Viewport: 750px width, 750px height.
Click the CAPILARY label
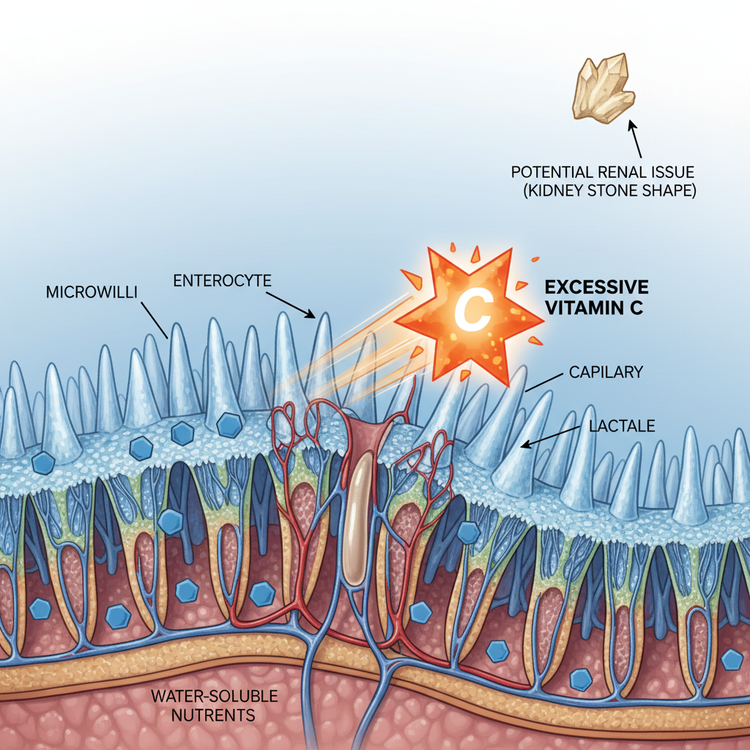coord(606,372)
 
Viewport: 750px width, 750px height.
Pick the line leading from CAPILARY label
coord(543,382)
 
